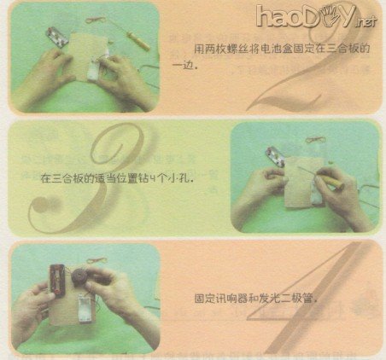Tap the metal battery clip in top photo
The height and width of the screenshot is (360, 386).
point(53,37)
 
